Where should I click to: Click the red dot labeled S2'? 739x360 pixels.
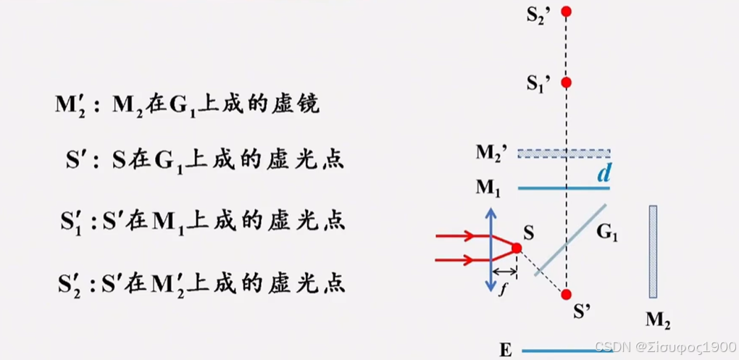tap(567, 12)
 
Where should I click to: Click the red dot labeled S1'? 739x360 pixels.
tap(567, 83)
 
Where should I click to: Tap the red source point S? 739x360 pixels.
tap(517, 248)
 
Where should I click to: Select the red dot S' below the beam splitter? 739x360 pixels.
tap(567, 294)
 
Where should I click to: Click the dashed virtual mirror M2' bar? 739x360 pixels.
tap(564, 154)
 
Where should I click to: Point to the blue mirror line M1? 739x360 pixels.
tap(564, 188)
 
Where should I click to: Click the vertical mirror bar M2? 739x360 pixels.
tap(653, 251)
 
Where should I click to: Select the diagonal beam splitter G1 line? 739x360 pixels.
tap(570, 240)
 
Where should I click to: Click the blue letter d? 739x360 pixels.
tap(602, 174)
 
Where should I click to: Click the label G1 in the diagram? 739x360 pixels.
tap(607, 233)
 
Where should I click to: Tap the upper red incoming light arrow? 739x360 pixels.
tap(456, 235)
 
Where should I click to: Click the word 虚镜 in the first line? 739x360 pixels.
tap(297, 105)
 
